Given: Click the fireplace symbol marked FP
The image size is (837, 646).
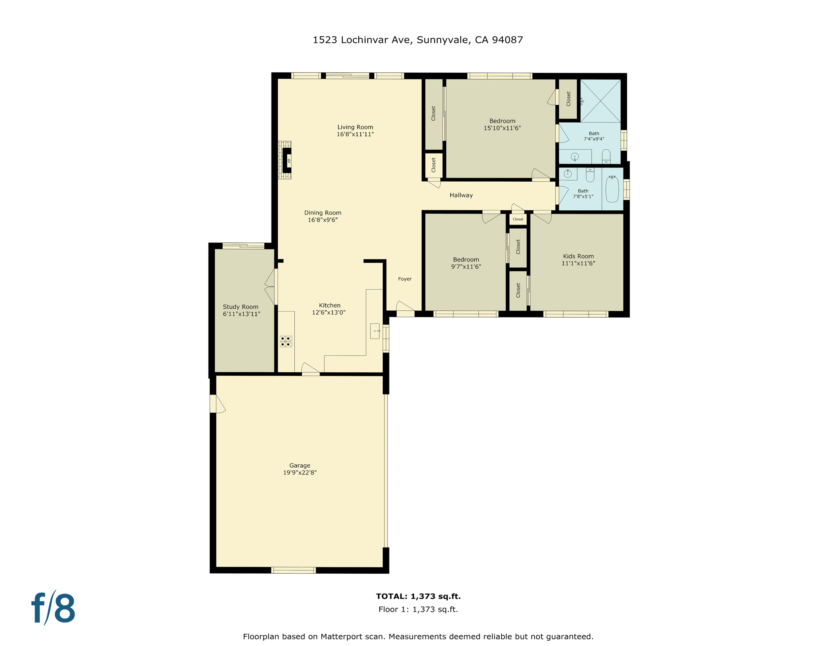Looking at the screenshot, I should click(x=288, y=160).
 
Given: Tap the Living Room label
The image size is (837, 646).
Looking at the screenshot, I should click(x=355, y=127).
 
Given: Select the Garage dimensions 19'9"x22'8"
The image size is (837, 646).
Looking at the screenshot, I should click(x=299, y=472).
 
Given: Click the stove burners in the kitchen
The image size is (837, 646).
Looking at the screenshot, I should click(x=286, y=341).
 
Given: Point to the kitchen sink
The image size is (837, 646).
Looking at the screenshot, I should click(x=375, y=331).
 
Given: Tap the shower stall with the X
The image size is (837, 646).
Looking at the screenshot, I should click(x=600, y=101).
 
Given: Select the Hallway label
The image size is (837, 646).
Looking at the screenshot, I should click(x=461, y=195).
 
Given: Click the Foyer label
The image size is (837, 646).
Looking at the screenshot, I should click(x=405, y=279).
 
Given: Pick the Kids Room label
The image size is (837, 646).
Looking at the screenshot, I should click(x=578, y=256).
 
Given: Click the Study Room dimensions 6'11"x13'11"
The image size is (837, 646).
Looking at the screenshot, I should click(x=241, y=314).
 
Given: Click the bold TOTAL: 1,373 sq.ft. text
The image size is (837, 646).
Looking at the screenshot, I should click(x=418, y=596).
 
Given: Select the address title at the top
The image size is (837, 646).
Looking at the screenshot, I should click(x=418, y=40).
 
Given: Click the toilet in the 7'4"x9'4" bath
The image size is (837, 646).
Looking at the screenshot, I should click(x=606, y=156).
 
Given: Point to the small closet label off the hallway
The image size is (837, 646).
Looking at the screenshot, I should click(x=518, y=219).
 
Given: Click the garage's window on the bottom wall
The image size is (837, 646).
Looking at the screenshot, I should click(x=293, y=570).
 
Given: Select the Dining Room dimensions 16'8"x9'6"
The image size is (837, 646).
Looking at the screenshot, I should click(x=323, y=220).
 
